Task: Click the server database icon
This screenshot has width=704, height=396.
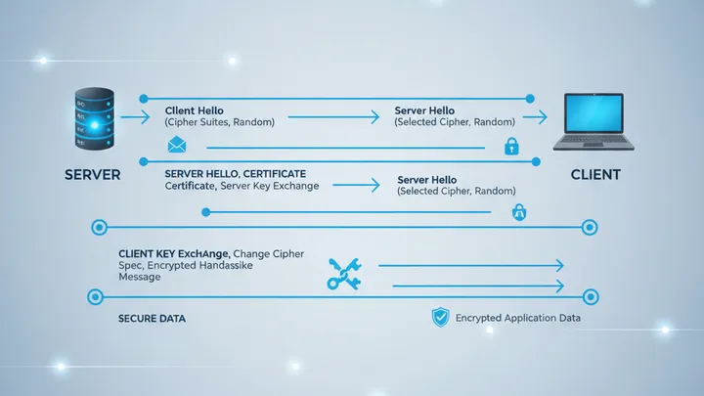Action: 95,122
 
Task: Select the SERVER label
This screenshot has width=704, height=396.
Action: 92,175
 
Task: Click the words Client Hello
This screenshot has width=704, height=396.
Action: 196,110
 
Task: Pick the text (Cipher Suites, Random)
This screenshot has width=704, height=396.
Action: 219,123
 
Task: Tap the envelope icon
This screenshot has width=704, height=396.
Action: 177,146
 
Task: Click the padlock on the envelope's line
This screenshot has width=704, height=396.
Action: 510,147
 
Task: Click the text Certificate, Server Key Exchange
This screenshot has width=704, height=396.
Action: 242,185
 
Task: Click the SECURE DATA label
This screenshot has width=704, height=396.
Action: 152,319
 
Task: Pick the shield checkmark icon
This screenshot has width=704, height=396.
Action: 440,317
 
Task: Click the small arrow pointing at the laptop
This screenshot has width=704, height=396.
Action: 534,117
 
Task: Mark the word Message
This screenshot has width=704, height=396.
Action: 138,277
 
